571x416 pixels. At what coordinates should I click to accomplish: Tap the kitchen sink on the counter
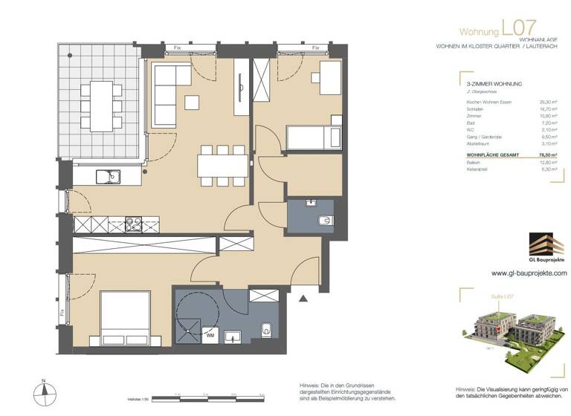tap(110, 176)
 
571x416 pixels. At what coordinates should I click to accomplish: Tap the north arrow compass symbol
tap(44, 391)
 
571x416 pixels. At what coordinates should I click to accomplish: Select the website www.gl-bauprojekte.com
tap(529, 273)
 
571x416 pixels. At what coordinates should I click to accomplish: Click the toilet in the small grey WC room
tap(325, 218)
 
